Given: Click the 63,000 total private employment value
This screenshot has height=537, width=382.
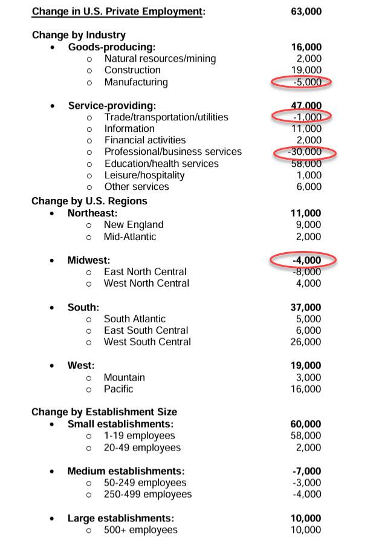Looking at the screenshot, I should (306, 11).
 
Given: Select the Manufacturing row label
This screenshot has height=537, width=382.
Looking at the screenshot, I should (135, 82).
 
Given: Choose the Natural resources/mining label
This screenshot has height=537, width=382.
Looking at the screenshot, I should (160, 59).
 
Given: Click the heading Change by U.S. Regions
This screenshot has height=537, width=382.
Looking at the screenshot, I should (89, 201).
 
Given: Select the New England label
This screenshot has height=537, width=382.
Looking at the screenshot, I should (133, 224).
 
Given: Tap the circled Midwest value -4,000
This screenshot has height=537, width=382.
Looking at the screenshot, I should (306, 260).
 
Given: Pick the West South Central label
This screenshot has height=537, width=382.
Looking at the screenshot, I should (147, 342).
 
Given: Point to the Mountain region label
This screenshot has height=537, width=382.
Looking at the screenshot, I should (124, 377).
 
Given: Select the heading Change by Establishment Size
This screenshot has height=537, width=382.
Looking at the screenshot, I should (104, 412).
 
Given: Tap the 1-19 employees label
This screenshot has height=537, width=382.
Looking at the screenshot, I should (139, 435).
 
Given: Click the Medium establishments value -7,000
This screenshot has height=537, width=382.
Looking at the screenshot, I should (306, 471).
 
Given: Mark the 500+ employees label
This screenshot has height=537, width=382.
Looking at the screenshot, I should (140, 530).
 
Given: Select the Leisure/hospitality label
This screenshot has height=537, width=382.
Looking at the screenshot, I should (144, 175).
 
